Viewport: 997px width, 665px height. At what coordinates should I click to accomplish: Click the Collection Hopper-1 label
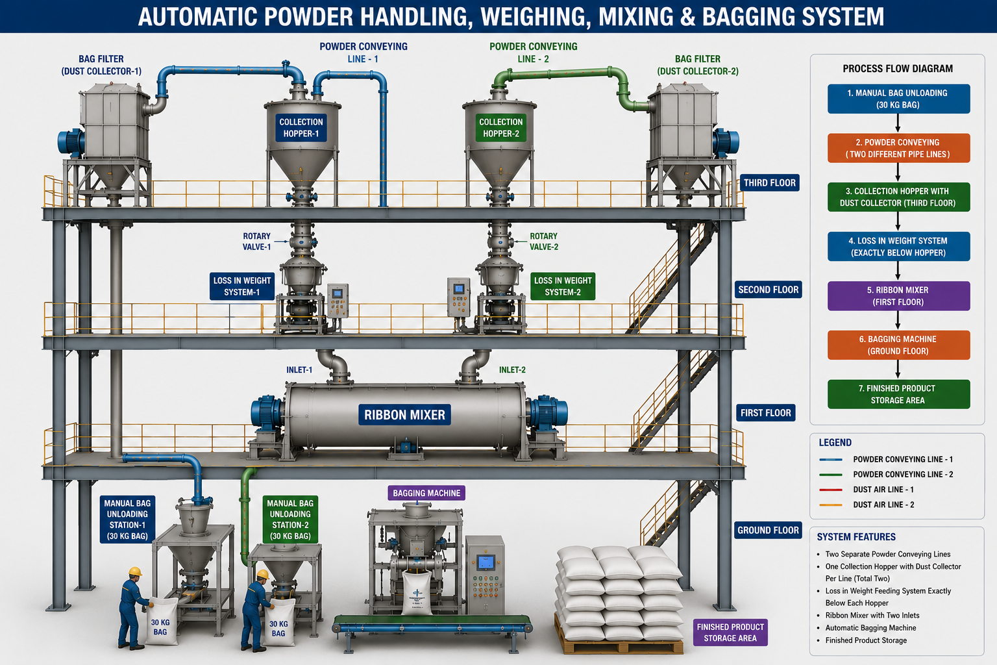point(301,128)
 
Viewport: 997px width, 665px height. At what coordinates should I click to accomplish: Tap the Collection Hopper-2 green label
point(500,128)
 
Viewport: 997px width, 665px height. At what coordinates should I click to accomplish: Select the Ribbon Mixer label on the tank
point(404,415)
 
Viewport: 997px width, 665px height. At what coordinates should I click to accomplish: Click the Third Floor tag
point(769,182)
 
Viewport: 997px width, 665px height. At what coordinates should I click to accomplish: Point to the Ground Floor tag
point(768,530)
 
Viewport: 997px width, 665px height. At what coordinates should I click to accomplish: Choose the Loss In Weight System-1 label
point(241,286)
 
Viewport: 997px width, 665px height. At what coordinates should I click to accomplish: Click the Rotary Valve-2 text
point(543,242)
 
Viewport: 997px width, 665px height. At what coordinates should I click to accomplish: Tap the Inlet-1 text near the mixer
point(299,370)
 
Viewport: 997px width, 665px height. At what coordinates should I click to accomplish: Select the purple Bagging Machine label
point(426,493)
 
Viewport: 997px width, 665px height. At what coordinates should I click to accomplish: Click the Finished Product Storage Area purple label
point(730,633)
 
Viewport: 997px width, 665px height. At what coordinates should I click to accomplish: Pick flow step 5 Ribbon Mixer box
point(898,295)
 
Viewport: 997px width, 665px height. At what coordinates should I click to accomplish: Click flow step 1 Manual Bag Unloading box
point(898,99)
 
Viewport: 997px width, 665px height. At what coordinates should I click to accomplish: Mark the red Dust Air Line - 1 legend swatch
point(831,490)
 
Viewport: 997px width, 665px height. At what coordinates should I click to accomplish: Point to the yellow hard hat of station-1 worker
point(135,571)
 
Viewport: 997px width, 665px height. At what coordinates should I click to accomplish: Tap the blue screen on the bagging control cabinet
point(486,562)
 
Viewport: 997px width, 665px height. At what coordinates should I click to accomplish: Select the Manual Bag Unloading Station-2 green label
point(290,520)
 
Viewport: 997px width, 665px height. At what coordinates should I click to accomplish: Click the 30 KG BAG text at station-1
point(160,627)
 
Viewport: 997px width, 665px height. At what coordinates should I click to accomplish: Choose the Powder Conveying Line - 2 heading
point(533,53)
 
